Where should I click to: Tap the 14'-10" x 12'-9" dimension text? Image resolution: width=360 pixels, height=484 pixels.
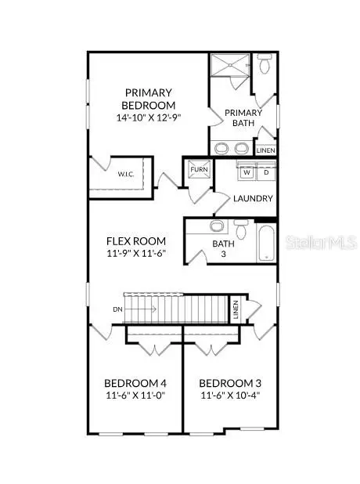(x=148, y=118)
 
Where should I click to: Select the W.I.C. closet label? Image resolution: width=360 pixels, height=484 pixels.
(x=126, y=174)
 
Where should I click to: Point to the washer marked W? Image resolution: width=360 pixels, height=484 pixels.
(x=246, y=172)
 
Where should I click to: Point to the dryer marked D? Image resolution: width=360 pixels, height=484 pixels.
(x=265, y=172)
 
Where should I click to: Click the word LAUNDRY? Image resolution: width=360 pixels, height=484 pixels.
(x=253, y=199)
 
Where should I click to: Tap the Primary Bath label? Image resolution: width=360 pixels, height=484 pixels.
(x=243, y=118)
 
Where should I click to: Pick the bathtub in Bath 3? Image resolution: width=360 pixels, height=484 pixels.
(x=265, y=241)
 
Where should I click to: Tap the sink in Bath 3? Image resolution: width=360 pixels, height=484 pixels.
(x=216, y=227)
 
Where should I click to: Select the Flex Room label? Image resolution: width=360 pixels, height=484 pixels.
(x=134, y=242)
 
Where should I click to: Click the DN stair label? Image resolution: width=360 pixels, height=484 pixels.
(x=118, y=309)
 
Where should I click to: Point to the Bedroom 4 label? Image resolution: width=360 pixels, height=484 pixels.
(x=135, y=384)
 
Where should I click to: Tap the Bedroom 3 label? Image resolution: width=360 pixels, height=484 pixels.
(x=230, y=384)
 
